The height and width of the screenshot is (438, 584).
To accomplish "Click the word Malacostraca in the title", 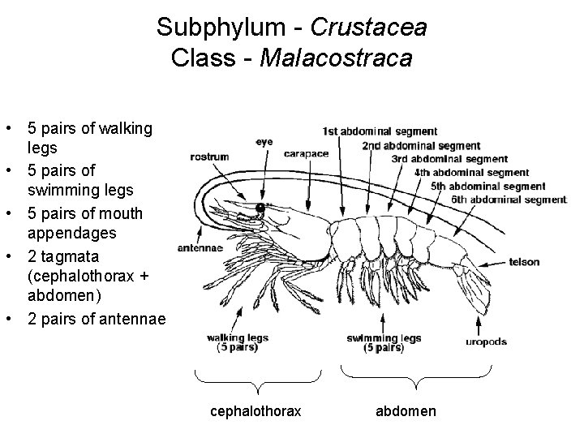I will point(336,58).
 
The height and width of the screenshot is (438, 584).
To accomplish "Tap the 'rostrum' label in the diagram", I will point(210,157).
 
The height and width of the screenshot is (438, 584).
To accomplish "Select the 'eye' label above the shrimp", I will point(264,141).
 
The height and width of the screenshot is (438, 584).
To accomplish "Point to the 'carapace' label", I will point(306,153).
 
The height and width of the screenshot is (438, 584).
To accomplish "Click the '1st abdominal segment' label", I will point(380,131).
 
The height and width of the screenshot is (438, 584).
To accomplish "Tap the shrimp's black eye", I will point(261,208).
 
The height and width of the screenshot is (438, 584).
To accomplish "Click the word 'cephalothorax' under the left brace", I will point(255,411).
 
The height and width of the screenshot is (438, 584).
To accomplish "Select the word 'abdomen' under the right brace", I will point(406,411).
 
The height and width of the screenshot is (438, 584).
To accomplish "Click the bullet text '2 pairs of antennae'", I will point(96,319).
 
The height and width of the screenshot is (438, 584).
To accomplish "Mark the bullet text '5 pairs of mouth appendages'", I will point(84,223).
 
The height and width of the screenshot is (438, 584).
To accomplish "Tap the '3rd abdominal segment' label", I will point(450,159).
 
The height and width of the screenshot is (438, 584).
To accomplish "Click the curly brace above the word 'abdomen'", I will point(415,376).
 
